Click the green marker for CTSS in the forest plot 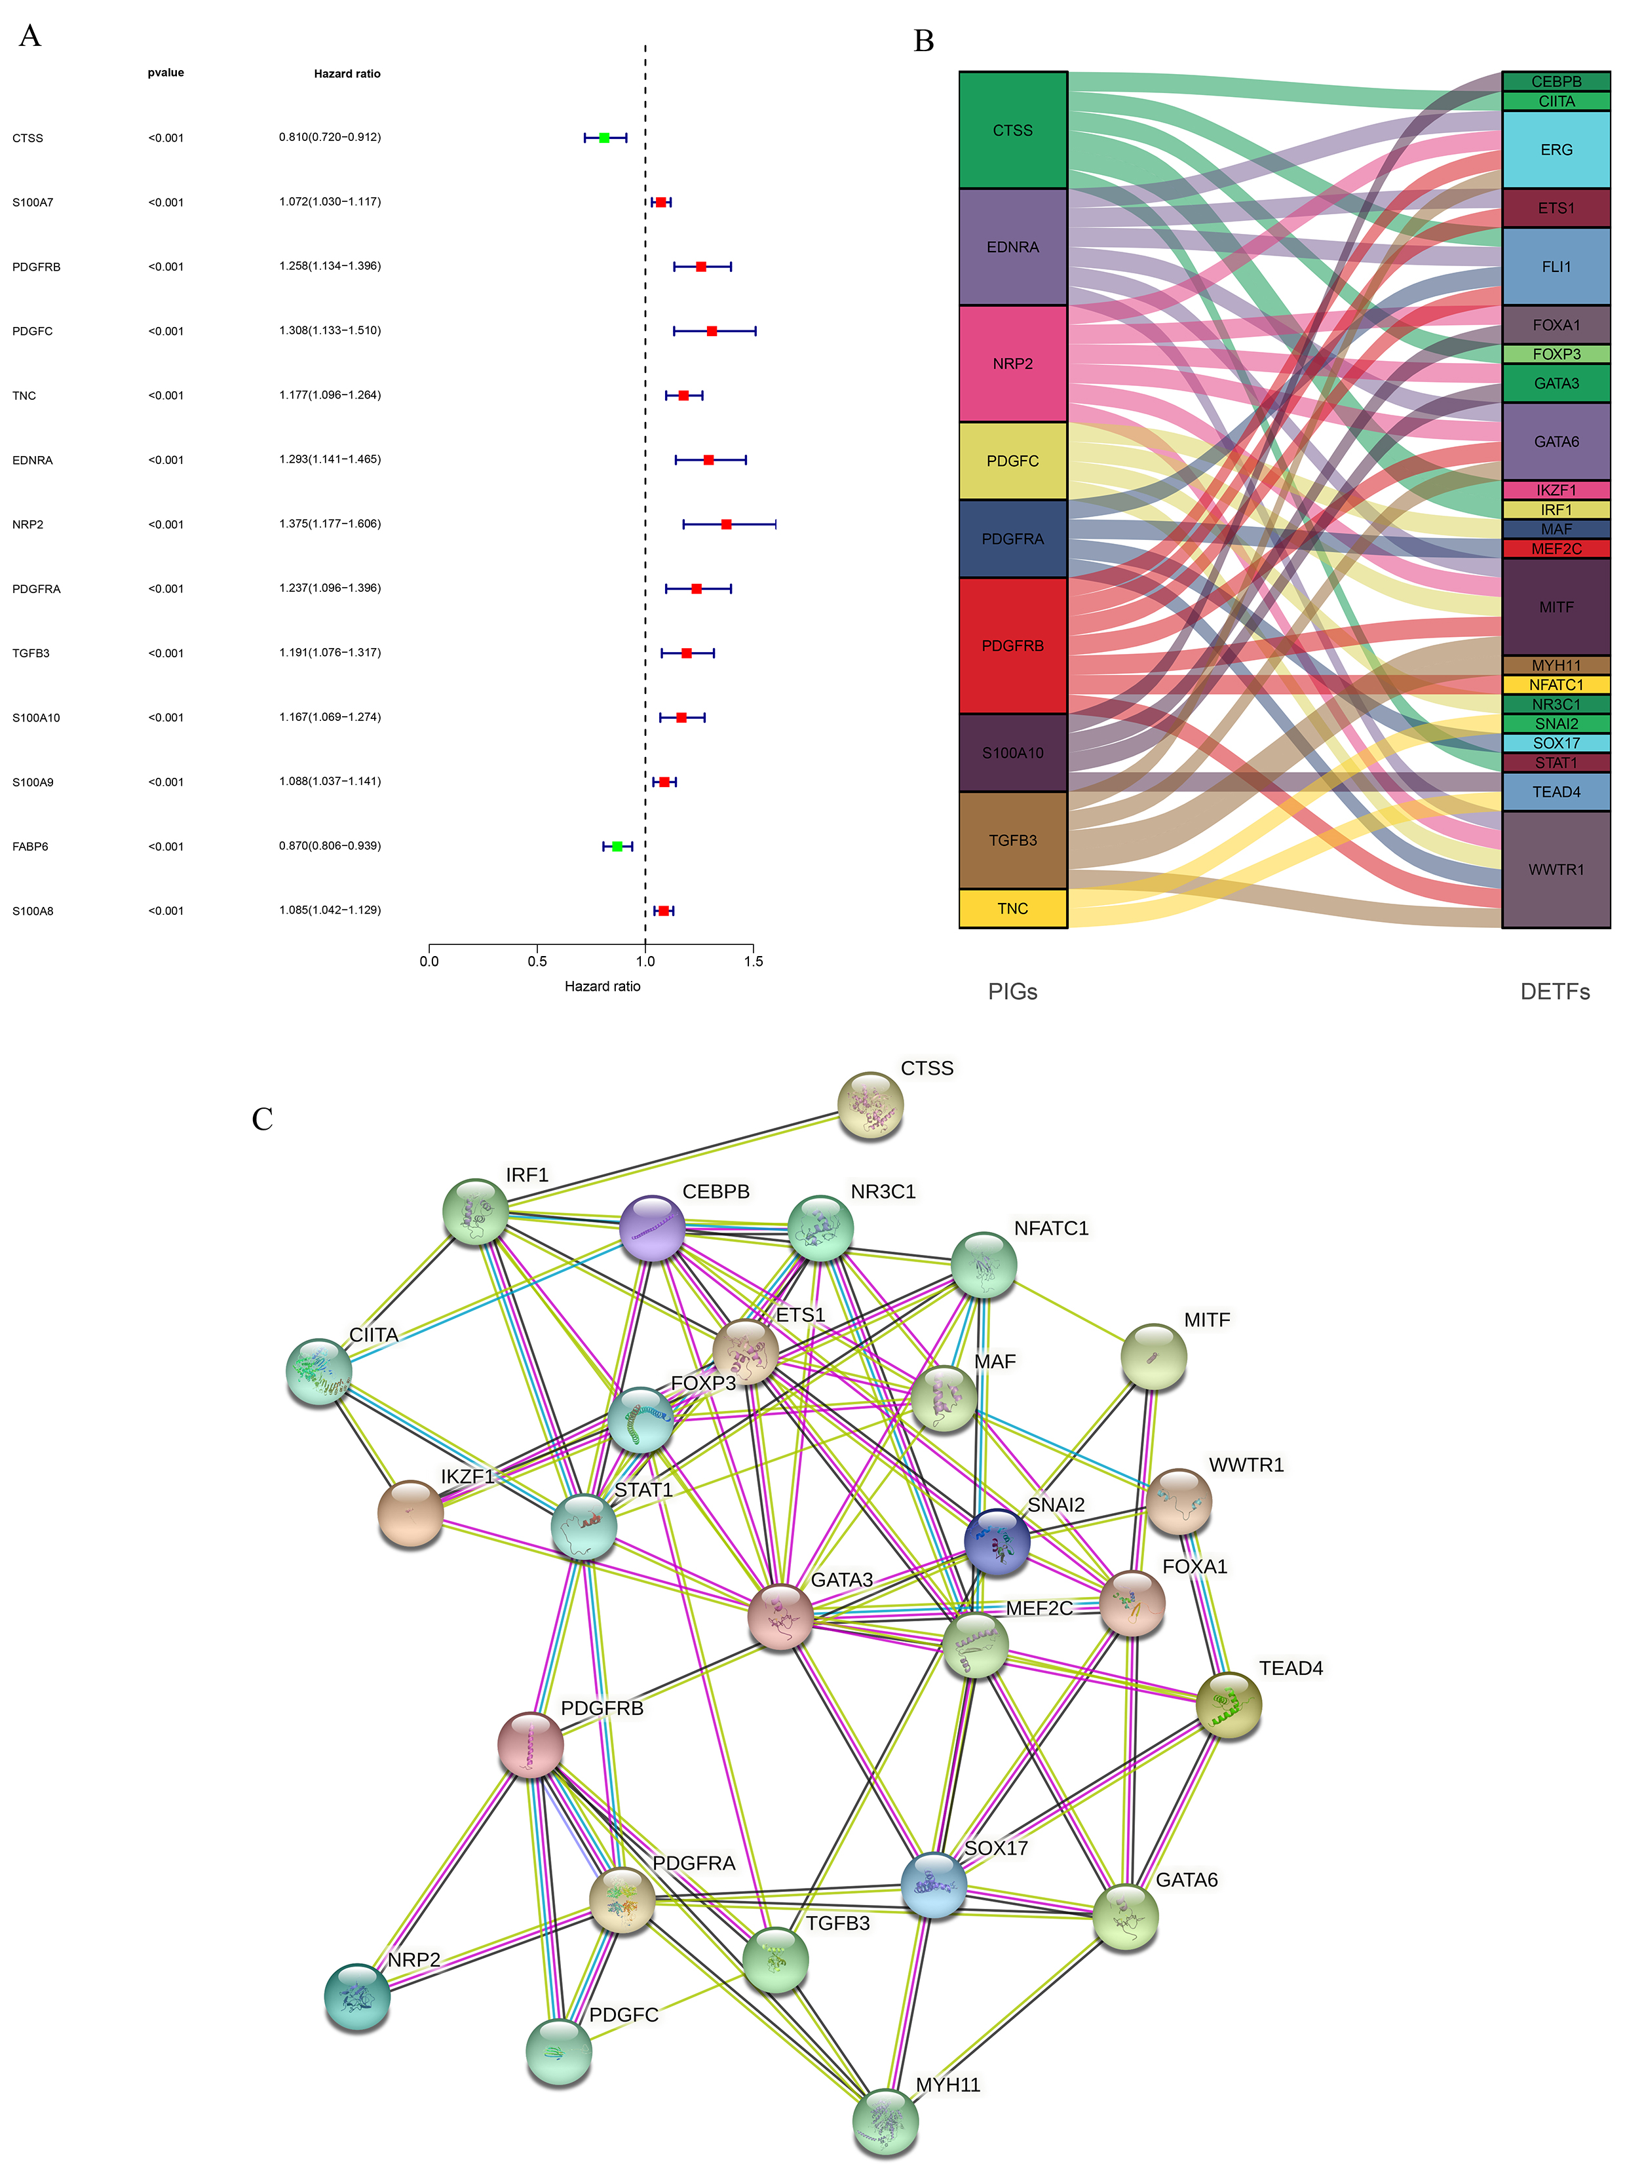coord(604,138)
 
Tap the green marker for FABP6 coord(617,846)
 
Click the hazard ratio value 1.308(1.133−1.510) coord(329,331)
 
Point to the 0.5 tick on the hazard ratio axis coord(537,961)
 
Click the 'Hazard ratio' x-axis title coord(602,986)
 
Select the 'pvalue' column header coord(166,73)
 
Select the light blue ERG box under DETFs coord(1556,149)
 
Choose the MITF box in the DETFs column coord(1556,607)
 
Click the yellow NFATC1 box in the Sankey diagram coord(1556,685)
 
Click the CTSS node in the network coord(870,1105)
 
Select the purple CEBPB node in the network coord(653,1228)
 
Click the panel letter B coord(923,41)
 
